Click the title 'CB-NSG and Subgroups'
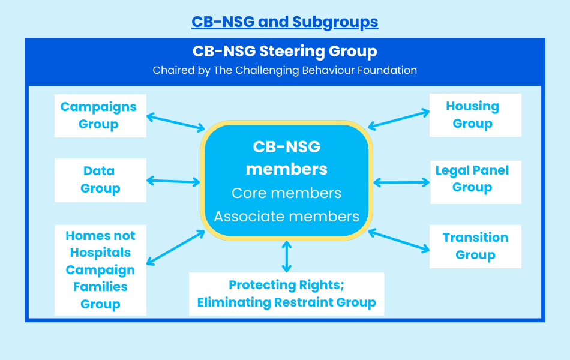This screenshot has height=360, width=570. pyautogui.click(x=284, y=22)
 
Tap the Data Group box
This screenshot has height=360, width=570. pyautogui.click(x=100, y=180)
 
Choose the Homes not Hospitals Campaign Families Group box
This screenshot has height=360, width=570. pyautogui.click(x=100, y=270)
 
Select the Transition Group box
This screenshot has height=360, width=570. pyautogui.click(x=475, y=246)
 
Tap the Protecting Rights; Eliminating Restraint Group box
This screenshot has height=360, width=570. pyautogui.click(x=286, y=294)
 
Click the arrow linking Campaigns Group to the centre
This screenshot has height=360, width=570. pyautogui.click(x=176, y=122)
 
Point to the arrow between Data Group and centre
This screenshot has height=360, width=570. pyautogui.click(x=173, y=181)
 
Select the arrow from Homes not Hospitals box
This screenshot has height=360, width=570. pyautogui.click(x=175, y=247)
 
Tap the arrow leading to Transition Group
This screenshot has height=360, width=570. pyautogui.click(x=399, y=240)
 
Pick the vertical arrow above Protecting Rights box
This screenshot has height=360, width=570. pyautogui.click(x=287, y=256)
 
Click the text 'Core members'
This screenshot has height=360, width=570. pyautogui.click(x=286, y=193)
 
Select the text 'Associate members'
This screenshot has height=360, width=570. pyautogui.click(x=286, y=217)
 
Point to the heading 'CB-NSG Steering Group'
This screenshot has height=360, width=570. pyautogui.click(x=284, y=52)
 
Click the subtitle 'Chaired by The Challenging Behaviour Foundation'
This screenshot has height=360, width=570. pyautogui.click(x=284, y=70)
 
